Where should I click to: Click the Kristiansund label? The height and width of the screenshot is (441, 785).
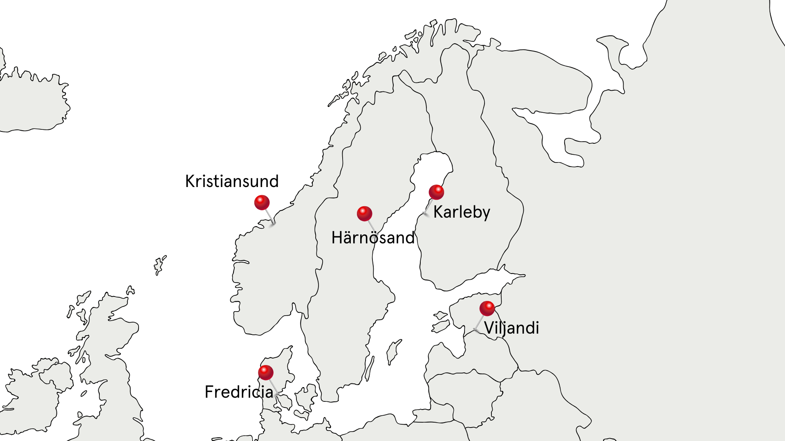[x=232, y=181]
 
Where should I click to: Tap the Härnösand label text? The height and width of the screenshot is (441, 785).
[x=373, y=238]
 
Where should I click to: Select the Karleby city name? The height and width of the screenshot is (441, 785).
[x=462, y=212]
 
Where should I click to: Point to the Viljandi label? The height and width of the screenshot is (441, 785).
[x=511, y=328]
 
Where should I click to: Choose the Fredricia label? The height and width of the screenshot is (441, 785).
[x=239, y=392]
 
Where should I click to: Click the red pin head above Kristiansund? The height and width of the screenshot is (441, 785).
[x=262, y=202]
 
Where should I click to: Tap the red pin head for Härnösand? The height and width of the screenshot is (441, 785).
[x=364, y=213]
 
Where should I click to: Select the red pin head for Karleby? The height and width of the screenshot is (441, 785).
[x=436, y=192]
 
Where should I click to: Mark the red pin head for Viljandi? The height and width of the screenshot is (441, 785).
[x=487, y=308]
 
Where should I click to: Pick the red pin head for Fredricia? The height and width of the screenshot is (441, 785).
[x=266, y=372]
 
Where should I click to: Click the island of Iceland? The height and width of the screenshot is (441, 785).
[x=33, y=102]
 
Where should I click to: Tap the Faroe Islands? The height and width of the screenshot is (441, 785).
[x=159, y=265]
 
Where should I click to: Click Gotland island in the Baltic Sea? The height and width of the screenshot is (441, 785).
[x=394, y=351]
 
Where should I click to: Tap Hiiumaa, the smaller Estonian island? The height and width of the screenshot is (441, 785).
[x=440, y=315]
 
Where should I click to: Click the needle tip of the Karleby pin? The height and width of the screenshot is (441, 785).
[x=425, y=214]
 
